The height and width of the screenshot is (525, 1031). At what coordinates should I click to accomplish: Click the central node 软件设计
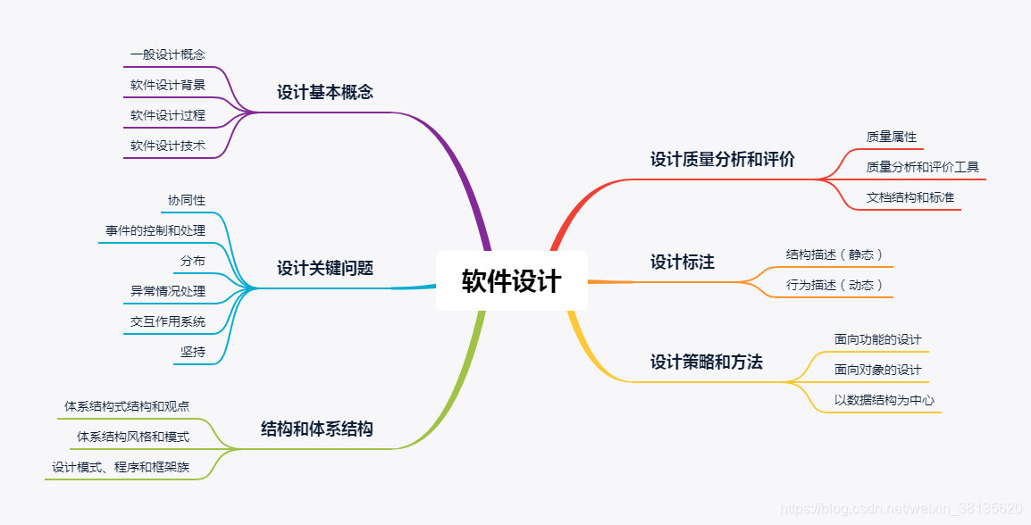pos(511,281)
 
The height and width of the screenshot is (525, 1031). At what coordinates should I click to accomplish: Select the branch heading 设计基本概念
pos(324,92)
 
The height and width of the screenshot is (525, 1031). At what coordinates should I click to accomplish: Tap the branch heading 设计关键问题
pos(324,268)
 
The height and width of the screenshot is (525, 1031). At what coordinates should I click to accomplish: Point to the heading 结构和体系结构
pos(316,429)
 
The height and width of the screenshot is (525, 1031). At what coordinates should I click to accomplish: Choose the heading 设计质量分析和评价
pos(722,160)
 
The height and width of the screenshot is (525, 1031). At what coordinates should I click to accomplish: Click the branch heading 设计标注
pos(682,262)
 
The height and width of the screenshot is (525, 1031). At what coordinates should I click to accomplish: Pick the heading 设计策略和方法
pos(706,362)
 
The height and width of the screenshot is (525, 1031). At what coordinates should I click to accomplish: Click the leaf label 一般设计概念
pos(168,54)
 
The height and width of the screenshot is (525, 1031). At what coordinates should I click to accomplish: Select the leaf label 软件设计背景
pos(168,86)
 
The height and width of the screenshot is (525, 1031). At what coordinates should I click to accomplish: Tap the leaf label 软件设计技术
pos(168,146)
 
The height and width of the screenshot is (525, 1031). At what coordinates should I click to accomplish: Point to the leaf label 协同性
pos(186,200)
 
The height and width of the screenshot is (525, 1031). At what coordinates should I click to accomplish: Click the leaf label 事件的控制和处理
pos(155,230)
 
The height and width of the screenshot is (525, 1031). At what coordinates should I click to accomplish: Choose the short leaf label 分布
pos(192,261)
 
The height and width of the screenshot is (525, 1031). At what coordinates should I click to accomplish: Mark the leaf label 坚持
pos(192,352)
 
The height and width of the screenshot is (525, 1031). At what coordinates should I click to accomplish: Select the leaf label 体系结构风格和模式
pos(133,437)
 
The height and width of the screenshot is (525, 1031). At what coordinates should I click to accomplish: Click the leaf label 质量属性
pos(891,137)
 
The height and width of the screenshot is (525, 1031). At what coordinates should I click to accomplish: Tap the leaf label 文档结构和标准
pos(909,197)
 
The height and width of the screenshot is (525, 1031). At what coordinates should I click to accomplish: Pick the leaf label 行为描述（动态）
pos(834,285)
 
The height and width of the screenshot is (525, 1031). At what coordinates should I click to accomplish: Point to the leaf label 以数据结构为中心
pos(884,400)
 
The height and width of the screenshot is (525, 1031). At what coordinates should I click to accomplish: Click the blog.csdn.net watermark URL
pos(901,508)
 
